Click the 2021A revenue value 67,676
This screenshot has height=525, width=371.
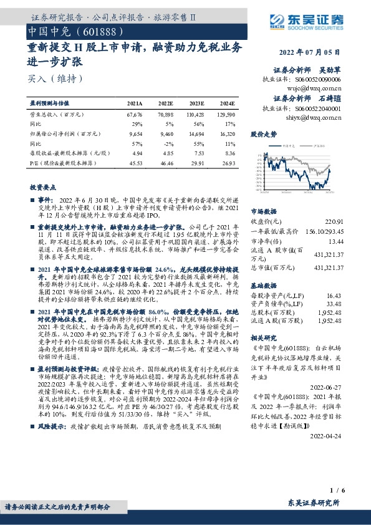click(135, 115)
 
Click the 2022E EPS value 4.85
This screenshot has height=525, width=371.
click(166, 153)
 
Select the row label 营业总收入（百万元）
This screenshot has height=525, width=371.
click(56, 115)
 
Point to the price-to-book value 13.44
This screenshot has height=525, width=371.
click(335, 240)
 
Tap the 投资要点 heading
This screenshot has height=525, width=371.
click(43, 187)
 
